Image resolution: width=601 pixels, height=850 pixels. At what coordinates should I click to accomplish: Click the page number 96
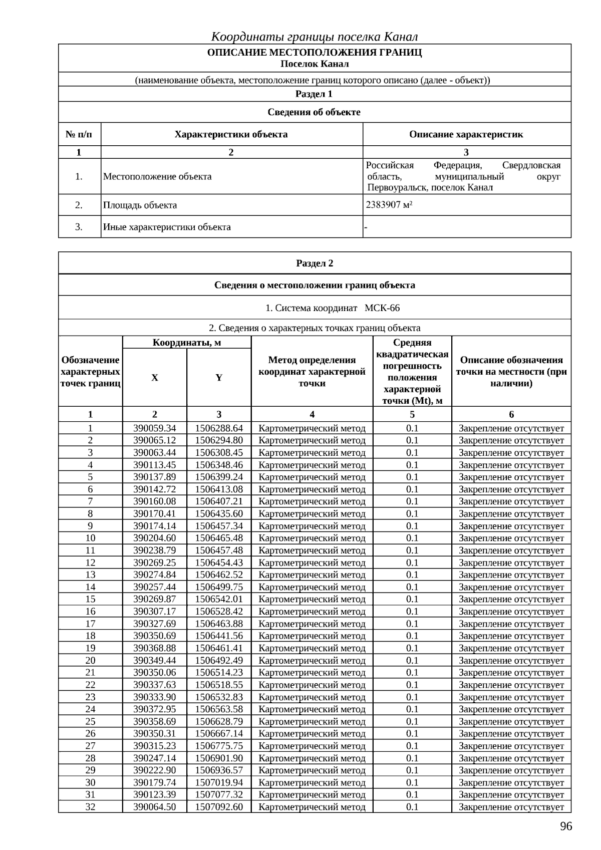coord(565,826)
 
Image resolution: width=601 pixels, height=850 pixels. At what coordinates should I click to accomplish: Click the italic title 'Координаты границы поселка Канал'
coord(315,37)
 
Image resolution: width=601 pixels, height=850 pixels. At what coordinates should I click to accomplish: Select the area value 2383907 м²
coord(389,205)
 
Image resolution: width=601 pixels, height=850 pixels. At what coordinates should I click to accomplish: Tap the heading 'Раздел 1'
coord(314,94)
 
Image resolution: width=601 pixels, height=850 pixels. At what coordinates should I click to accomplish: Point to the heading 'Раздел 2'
coord(315,263)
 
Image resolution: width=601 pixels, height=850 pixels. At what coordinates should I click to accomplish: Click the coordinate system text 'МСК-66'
coord(382,308)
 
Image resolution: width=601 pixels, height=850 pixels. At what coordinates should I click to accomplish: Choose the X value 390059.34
coord(155,428)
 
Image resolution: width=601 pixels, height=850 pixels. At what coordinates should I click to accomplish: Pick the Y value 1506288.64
coord(219,428)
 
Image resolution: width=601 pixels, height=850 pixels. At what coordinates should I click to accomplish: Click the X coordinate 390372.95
coord(155,709)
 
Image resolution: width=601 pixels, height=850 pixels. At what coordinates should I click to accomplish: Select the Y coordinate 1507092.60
coord(219,807)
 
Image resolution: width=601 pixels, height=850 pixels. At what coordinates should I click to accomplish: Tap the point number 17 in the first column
coord(90,624)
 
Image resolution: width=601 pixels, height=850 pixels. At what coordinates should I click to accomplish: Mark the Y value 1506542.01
coord(219,599)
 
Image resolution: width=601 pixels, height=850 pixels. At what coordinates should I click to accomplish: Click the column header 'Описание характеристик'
coord(466,134)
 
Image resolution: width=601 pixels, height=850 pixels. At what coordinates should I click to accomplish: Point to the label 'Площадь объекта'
coord(140,205)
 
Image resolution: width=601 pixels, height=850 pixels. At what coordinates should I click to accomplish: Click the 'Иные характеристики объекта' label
coord(167,227)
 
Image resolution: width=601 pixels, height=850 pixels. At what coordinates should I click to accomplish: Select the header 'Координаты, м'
coord(187,343)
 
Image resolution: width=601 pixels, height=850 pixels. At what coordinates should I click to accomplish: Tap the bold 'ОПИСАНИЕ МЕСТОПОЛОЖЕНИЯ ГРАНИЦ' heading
coord(315,53)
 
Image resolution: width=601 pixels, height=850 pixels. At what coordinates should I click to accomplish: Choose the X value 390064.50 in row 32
coord(155,807)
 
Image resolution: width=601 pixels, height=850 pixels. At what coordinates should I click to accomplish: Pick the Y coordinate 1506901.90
coord(219,758)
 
